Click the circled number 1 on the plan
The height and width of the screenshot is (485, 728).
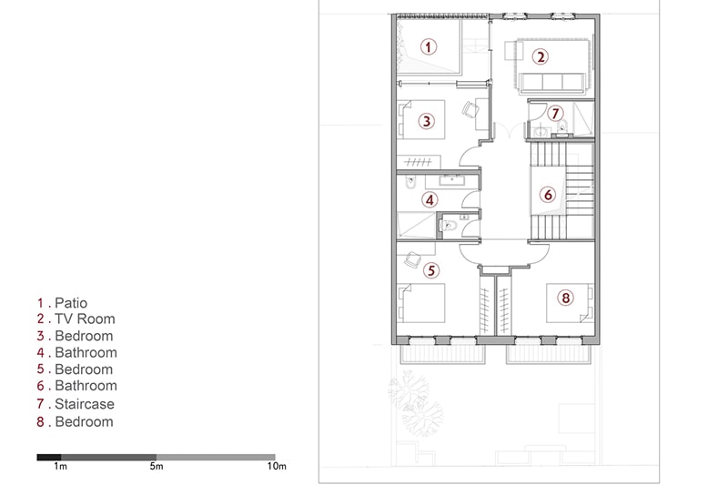(428, 46)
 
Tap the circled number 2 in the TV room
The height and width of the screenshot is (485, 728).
(540, 57)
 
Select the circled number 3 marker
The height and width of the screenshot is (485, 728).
(426, 121)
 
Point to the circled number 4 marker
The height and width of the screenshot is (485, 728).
(430, 200)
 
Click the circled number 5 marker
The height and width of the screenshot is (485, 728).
(431, 270)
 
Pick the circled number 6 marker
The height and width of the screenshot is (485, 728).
(548, 195)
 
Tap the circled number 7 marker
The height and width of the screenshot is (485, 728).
(555, 113)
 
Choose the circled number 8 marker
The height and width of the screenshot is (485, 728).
(565, 298)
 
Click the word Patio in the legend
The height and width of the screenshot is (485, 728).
(71, 303)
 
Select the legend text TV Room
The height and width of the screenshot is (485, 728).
(85, 318)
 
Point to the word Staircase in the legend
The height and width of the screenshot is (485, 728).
(85, 404)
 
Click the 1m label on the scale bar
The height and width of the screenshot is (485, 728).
(60, 466)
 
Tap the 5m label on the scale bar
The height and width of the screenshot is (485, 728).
(157, 466)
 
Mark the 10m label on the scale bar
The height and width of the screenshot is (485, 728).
(277, 466)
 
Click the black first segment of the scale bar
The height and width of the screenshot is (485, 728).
(49, 457)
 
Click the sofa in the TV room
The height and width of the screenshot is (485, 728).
(552, 83)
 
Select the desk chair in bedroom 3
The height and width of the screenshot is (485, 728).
(470, 109)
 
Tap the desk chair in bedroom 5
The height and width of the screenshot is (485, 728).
(412, 259)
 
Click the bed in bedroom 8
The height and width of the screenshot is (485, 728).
(570, 303)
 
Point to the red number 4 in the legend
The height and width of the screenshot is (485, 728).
(41, 353)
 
